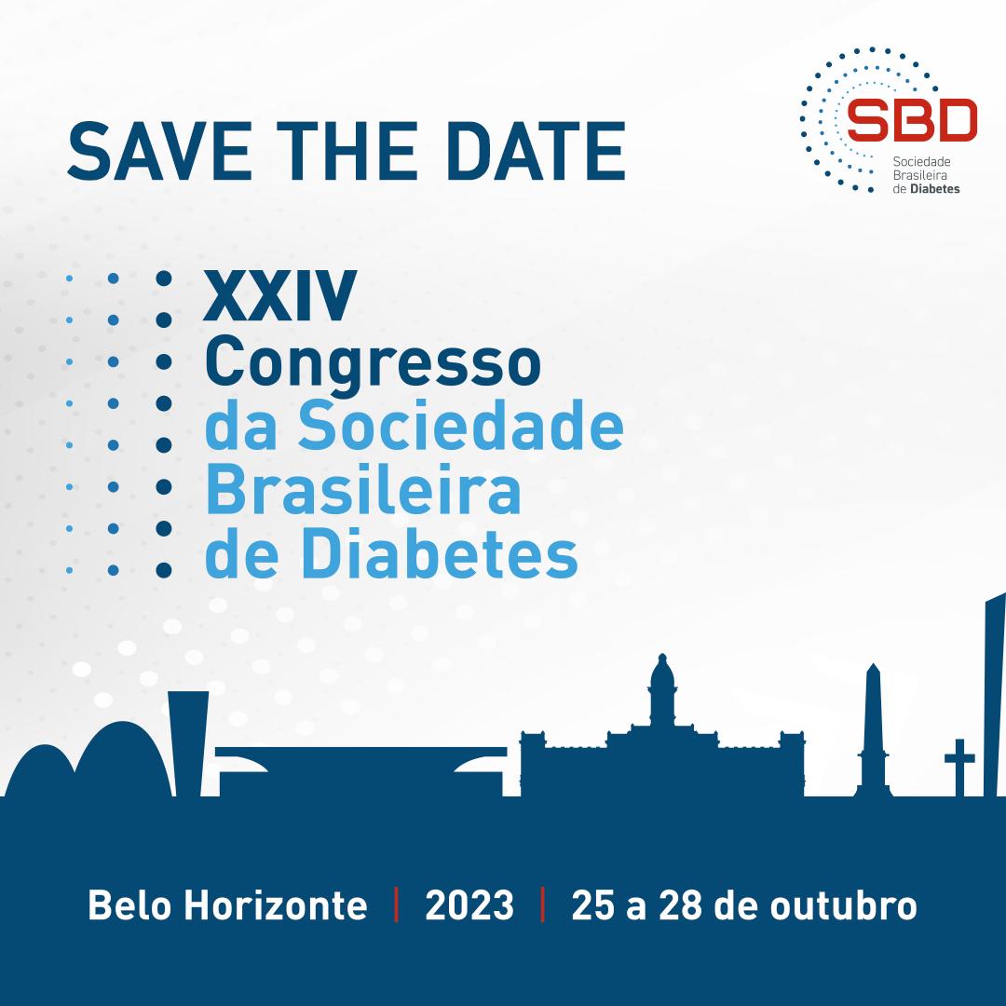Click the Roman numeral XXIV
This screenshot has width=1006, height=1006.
click(279, 296)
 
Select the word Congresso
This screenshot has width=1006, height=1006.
click(373, 364)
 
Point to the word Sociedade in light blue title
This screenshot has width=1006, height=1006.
click(461, 426)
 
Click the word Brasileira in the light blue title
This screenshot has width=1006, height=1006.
click(363, 490)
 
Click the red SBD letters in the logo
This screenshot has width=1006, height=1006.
click(912, 120)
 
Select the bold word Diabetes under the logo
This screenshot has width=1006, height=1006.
click(935, 189)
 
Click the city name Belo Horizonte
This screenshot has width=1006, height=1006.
click(228, 905)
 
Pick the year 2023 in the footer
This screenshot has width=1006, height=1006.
click(469, 905)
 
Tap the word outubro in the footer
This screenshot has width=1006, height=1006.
click(843, 905)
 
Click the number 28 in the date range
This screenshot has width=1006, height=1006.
click(680, 905)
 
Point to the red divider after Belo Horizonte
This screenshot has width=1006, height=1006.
click(397, 904)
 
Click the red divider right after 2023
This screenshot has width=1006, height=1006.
click(543, 904)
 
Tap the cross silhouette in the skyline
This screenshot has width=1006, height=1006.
click(959, 767)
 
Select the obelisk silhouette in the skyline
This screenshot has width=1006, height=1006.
click(873, 730)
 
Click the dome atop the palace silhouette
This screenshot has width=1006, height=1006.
click(662, 673)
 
